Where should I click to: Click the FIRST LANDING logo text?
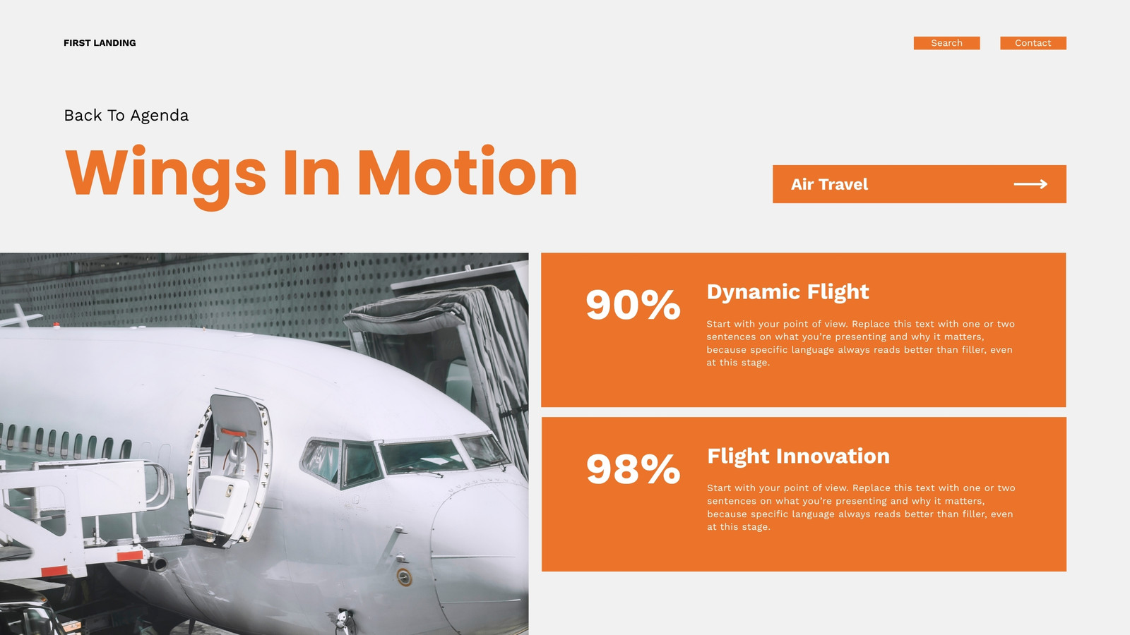(100, 43)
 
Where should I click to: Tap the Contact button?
(1033, 43)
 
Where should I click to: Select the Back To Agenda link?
(126, 116)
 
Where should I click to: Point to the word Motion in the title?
(467, 171)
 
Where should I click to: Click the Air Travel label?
(829, 184)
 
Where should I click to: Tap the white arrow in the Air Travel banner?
(1030, 184)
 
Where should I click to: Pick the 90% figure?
(633, 304)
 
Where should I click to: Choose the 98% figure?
(633, 468)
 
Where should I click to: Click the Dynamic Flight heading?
(787, 292)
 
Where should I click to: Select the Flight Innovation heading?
(798, 456)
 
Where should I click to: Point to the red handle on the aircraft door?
(234, 433)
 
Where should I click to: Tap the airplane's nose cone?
(480, 555)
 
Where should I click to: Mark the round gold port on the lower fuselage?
(403, 577)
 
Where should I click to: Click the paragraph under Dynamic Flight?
(861, 343)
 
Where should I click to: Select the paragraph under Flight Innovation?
(861, 507)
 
